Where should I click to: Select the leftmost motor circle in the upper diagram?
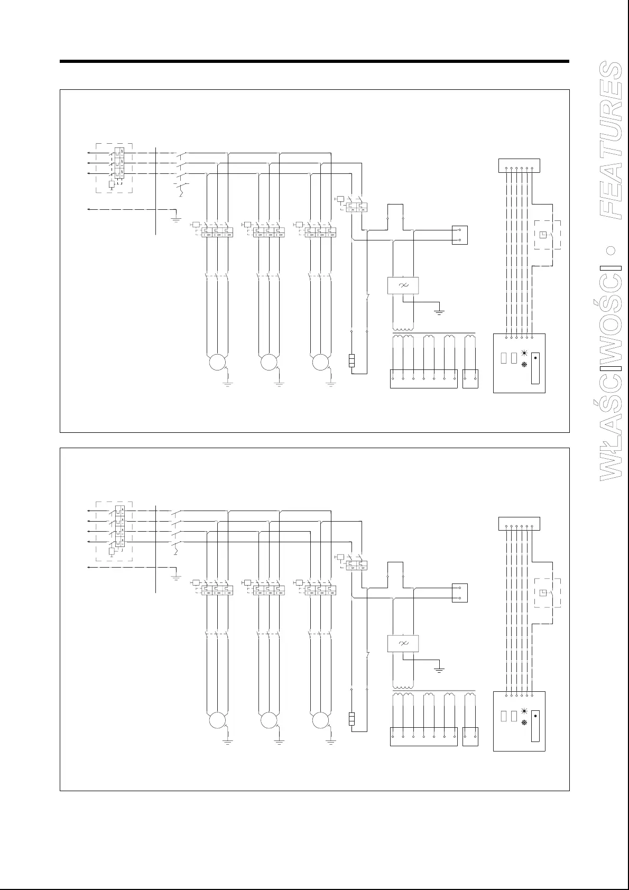coord(217,363)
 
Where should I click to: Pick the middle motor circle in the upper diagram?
coord(269,363)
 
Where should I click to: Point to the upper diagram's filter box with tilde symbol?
coord(403,285)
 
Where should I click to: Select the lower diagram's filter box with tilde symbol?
coord(403,643)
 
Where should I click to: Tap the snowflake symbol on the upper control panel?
coord(524,365)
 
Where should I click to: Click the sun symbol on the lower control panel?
coord(524,711)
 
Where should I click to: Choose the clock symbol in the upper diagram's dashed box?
coord(543,235)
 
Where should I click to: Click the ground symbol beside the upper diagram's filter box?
coord(439,311)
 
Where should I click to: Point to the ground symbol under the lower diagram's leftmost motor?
coord(228,743)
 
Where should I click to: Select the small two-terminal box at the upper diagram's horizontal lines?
coord(460,236)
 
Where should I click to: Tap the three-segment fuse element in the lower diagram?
coord(351,719)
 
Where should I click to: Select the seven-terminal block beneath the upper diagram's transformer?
coord(423,379)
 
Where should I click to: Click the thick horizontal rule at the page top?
coord(314,61)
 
